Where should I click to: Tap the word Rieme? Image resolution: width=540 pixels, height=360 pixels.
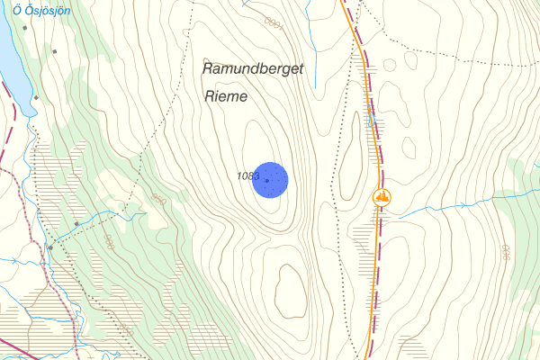tap(226, 95)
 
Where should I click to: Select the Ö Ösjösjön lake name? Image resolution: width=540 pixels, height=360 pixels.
tap(41, 9)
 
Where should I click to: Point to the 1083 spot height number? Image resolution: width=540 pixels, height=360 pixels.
tap(248, 175)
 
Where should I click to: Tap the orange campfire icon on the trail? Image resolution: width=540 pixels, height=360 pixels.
tap(382, 195)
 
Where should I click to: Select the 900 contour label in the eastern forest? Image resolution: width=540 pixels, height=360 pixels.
tap(505, 254)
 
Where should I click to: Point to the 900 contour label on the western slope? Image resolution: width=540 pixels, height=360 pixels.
tap(109, 242)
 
